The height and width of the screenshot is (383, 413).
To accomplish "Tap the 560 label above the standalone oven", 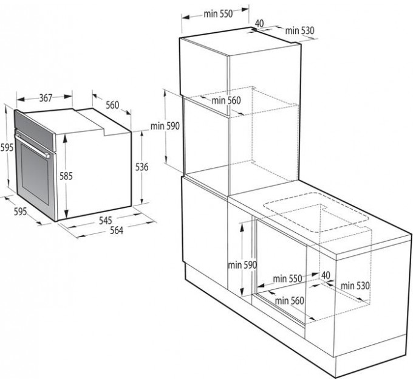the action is [112, 105].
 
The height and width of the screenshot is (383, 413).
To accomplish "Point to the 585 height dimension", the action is [66, 176].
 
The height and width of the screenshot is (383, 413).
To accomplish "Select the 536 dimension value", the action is [142, 167].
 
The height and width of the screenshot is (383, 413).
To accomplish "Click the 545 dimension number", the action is [106, 220].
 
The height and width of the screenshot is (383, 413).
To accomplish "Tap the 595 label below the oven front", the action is [20, 212].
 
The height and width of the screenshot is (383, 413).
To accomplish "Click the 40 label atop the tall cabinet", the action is [259, 23].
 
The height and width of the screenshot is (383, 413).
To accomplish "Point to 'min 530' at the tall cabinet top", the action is [299, 30].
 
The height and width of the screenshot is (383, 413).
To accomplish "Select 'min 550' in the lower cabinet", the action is [287, 278].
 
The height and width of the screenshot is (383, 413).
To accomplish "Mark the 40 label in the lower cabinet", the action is [326, 275].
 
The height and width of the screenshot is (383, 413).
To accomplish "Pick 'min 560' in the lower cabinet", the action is [289, 300].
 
